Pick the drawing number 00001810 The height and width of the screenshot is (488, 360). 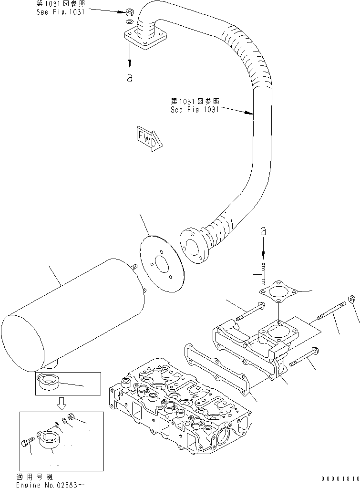tap(340, 478)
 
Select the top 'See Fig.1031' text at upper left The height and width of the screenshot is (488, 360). tap(61, 11)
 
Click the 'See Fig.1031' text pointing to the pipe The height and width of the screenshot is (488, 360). tap(195, 109)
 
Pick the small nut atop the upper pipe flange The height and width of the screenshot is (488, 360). tap(129, 11)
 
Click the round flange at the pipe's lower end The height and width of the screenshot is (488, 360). tap(194, 246)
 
